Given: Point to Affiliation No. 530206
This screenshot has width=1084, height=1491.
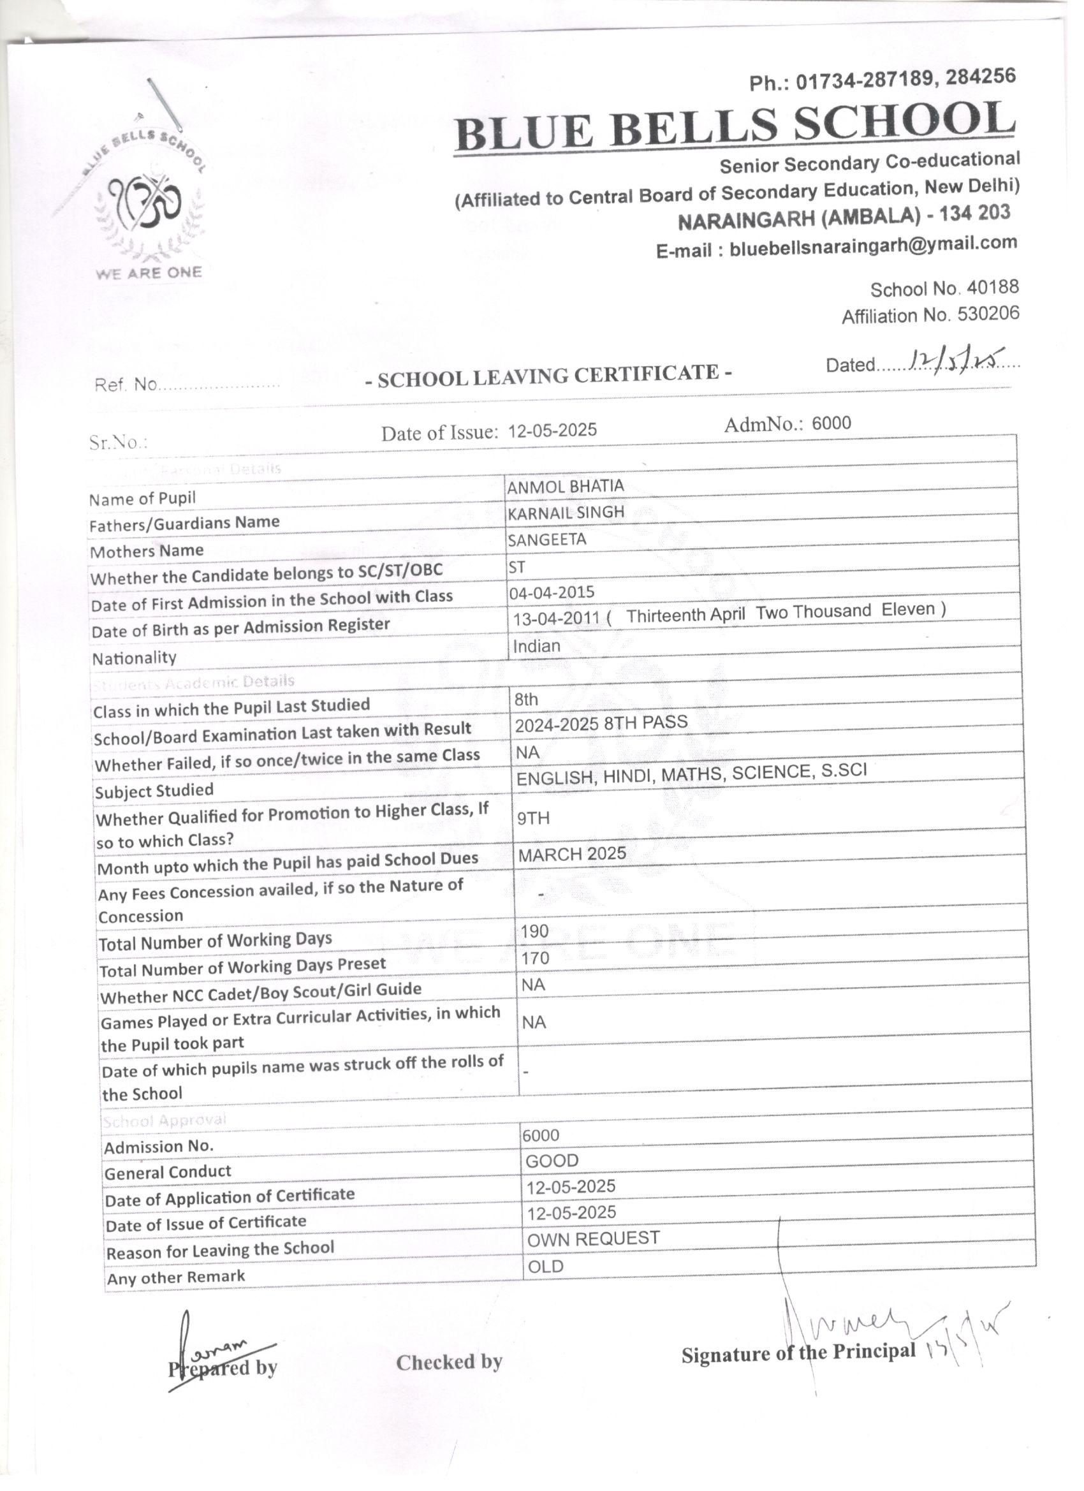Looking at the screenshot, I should [930, 316].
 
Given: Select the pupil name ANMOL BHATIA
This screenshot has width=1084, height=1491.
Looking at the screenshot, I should [566, 487].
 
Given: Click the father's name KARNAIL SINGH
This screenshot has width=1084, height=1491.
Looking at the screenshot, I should [566, 513].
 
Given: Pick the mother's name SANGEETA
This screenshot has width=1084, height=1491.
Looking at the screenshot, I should [547, 540].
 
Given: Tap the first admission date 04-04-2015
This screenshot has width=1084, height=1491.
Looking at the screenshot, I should [552, 592].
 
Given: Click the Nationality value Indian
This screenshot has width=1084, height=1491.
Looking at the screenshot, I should [536, 646].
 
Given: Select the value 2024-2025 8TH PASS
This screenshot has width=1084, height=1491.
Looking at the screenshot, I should [601, 723].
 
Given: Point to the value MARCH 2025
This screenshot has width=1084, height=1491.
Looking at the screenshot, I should [572, 854].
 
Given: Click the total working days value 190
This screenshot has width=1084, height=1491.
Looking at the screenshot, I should [534, 932].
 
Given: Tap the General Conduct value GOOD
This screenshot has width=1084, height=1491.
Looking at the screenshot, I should [552, 1161].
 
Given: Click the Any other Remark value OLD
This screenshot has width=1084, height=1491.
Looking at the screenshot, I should [546, 1266].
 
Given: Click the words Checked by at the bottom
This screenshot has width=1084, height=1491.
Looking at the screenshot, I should [449, 1362].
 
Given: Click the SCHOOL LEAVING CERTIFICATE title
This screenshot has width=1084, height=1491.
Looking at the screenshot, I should [548, 376].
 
